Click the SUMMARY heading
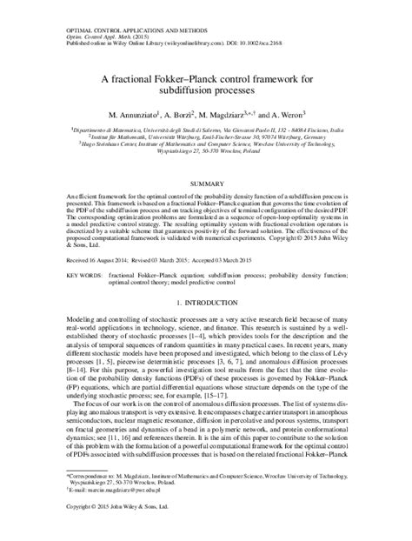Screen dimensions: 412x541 [206, 185]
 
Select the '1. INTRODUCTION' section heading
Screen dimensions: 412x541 [206, 303]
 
